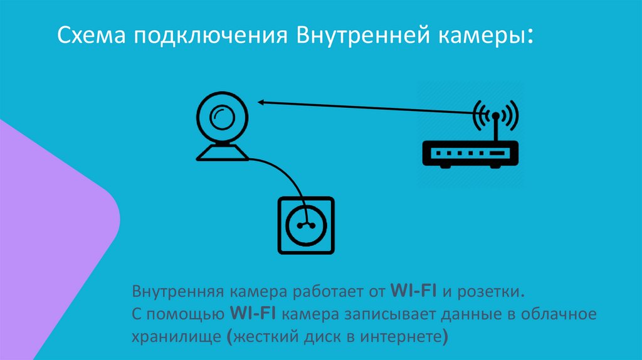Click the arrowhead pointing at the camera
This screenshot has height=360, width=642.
260,102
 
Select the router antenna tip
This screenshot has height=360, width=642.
495,116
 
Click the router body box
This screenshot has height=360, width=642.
471,153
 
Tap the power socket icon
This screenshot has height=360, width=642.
306,225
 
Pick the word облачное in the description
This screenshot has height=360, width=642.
564,314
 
